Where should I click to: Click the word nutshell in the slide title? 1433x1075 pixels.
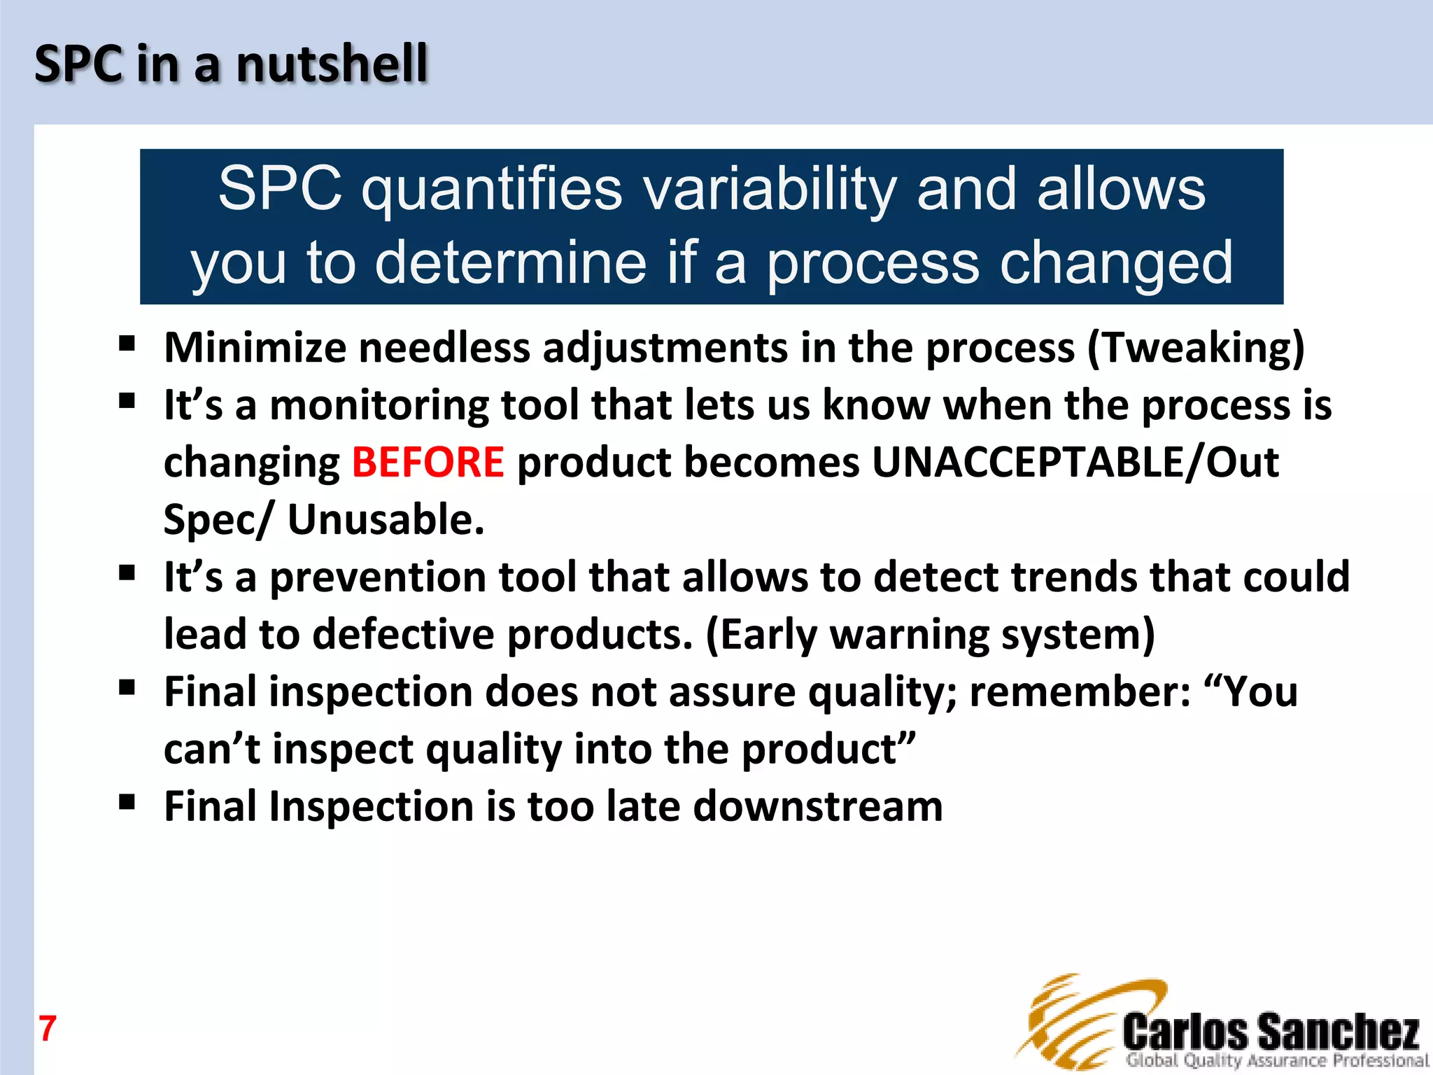click(x=331, y=64)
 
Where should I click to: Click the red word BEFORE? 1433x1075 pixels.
click(x=428, y=463)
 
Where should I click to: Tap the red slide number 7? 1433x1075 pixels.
click(x=47, y=1029)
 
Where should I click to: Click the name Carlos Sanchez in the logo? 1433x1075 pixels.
click(x=1271, y=1032)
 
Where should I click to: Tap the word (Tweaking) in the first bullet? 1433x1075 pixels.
click(x=1196, y=348)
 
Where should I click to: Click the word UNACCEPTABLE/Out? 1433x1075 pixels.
click(x=1075, y=463)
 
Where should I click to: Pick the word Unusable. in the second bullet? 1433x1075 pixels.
click(x=386, y=520)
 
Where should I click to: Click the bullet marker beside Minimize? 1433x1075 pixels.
click(x=127, y=344)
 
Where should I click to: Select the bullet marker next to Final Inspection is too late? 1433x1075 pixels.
click(x=127, y=802)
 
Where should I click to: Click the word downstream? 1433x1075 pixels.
click(x=817, y=806)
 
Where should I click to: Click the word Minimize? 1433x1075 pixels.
click(x=255, y=348)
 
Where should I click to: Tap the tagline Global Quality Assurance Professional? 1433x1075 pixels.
click(x=1277, y=1061)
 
